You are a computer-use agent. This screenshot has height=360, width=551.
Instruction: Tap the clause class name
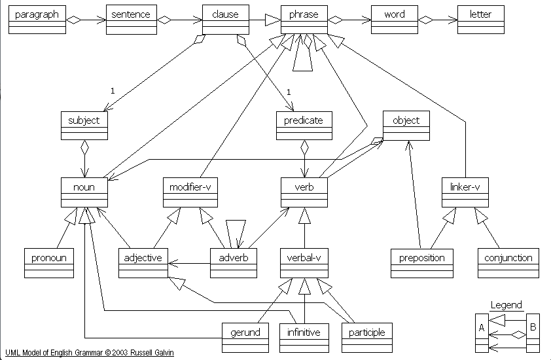pos(225,14)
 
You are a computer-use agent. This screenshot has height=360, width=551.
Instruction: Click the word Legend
pos(507,305)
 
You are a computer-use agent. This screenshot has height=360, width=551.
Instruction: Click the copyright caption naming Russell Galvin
pos(90,353)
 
